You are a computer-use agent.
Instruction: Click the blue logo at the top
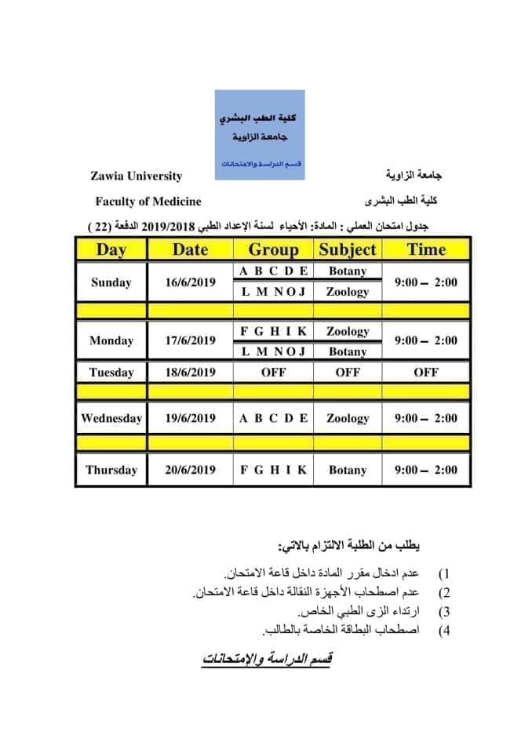pos(260,134)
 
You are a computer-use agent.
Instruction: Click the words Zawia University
pos(136,176)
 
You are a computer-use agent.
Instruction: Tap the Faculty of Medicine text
pos(148,202)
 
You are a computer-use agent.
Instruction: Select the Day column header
pos(111,250)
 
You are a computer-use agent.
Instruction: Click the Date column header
pos(190,250)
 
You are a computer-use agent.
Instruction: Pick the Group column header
pos(273,250)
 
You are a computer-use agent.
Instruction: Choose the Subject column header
pos(348,250)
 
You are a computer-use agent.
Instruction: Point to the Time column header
pos(426,250)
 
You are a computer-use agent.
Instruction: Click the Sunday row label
pos(111,282)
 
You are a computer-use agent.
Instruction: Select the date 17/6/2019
pos(190,341)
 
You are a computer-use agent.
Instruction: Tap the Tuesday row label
pos(111,373)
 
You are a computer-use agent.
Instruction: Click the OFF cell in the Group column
pos(273,373)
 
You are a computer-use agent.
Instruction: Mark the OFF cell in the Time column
pos(426,373)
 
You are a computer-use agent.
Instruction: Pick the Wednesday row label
pos(111,418)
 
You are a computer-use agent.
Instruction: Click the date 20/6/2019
pos(190,471)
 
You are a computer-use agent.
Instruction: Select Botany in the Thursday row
pos(348,471)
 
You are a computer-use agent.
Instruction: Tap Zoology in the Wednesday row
pos(348,418)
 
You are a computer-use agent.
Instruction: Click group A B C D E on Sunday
pos(273,271)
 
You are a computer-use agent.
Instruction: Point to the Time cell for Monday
pos(426,341)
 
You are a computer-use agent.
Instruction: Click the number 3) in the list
pos(444,612)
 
